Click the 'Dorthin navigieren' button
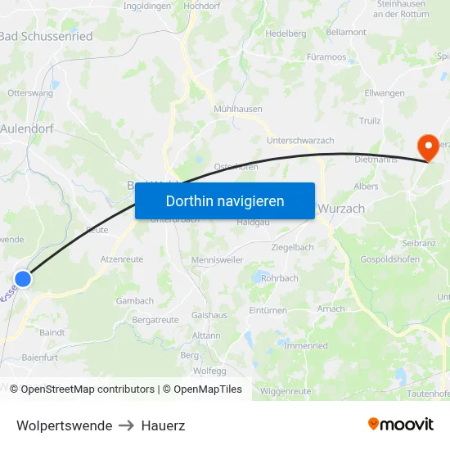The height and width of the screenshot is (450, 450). [225, 200]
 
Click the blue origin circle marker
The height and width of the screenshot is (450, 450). [23, 279]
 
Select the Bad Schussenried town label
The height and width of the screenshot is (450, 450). [46, 36]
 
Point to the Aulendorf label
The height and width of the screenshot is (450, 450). [26, 128]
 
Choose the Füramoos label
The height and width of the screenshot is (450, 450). [326, 57]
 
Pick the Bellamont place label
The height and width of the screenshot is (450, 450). [346, 32]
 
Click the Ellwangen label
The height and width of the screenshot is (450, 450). [385, 93]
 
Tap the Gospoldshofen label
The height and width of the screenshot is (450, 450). [389, 259]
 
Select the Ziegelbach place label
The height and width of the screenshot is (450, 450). [292, 247]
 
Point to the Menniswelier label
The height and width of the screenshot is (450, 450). [217, 261]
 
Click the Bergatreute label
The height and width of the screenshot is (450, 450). [155, 320]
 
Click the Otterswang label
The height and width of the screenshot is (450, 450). [29, 93]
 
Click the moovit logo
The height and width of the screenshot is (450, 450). [401, 425]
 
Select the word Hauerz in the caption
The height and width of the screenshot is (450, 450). [164, 425]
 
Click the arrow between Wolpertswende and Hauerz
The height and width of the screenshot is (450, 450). [127, 425]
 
